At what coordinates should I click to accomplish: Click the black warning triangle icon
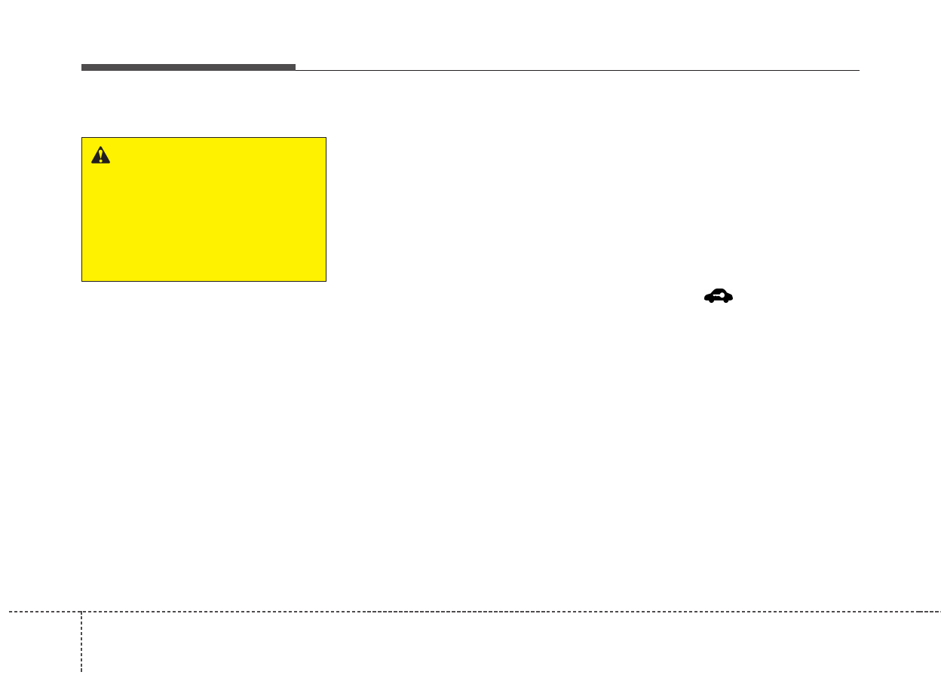tap(100, 155)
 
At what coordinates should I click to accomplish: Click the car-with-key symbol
tap(719, 297)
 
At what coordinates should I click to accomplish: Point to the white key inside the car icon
tap(720, 297)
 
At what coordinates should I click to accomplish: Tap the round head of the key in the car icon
tap(723, 297)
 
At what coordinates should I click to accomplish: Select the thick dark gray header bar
tap(189, 67)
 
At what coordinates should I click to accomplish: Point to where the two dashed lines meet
tap(81, 612)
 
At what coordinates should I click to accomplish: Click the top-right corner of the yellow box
tap(326, 138)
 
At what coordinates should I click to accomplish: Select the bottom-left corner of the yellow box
tap(82, 281)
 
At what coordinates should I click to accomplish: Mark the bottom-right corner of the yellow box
tap(326, 281)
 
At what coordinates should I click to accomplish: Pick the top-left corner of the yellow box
tap(82, 138)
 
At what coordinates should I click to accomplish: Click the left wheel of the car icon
tap(710, 301)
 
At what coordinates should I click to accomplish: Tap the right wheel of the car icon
tap(727, 301)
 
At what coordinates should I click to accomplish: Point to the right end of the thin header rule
tap(859, 70)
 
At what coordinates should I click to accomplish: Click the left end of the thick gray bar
tap(83, 67)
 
